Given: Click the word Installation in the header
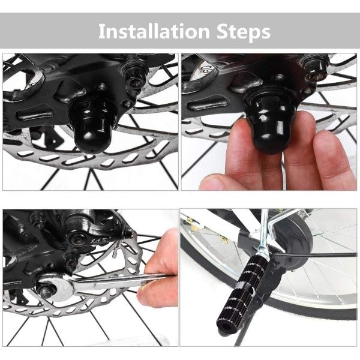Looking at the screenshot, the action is [x=154, y=31].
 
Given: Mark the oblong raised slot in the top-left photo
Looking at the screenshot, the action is [x=35, y=113].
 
